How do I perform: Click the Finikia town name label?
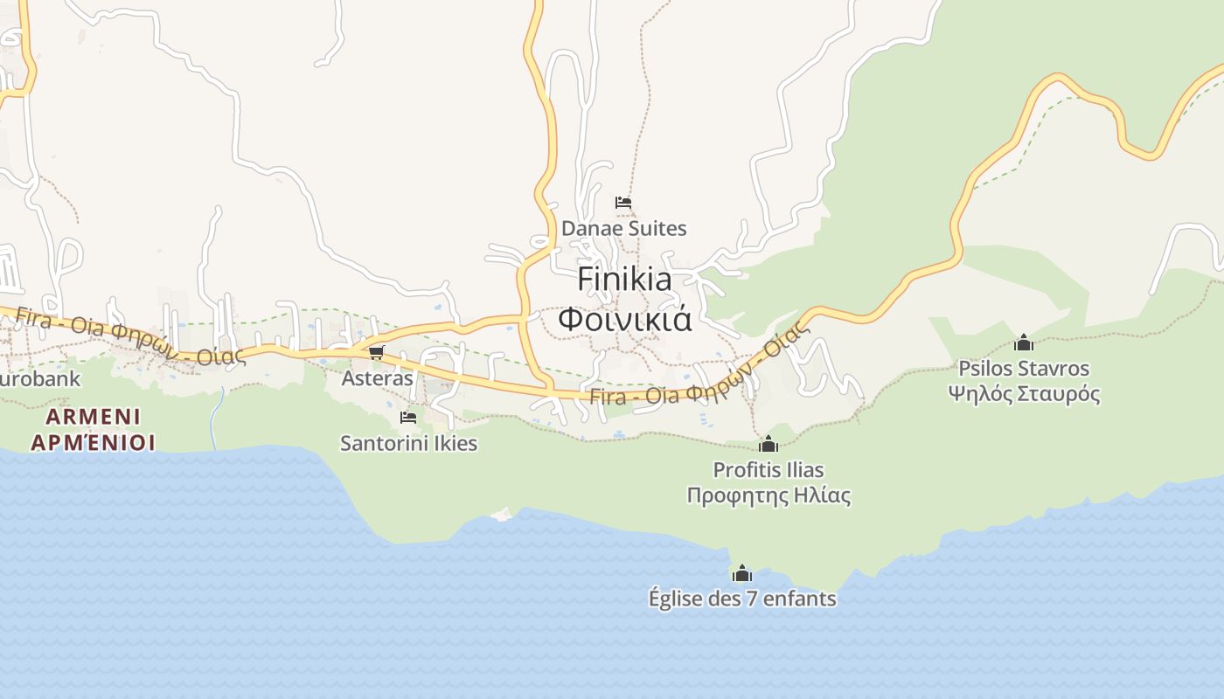[x=624, y=280]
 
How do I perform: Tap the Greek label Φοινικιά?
[x=624, y=319]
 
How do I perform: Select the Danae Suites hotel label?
[x=623, y=229]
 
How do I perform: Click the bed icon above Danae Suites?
[x=623, y=203]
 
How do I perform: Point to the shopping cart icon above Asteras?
[x=377, y=352]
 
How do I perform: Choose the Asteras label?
[x=377, y=378]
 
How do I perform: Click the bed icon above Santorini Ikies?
[x=408, y=418]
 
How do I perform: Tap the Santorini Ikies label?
[x=408, y=443]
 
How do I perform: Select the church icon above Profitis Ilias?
[x=768, y=444]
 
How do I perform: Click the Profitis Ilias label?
[x=768, y=470]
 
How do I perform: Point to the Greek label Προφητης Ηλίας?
[x=768, y=495]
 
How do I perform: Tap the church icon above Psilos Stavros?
[x=1024, y=343]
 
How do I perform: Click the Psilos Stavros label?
[x=1024, y=368]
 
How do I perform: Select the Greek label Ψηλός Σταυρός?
[x=1024, y=393]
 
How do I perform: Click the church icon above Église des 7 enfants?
[x=742, y=573]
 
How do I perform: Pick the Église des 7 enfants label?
[x=742, y=599]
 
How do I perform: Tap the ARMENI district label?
[x=94, y=416]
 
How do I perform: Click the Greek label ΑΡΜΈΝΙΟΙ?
[x=94, y=442]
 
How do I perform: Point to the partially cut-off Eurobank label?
[x=39, y=379]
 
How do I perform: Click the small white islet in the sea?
[x=501, y=515]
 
